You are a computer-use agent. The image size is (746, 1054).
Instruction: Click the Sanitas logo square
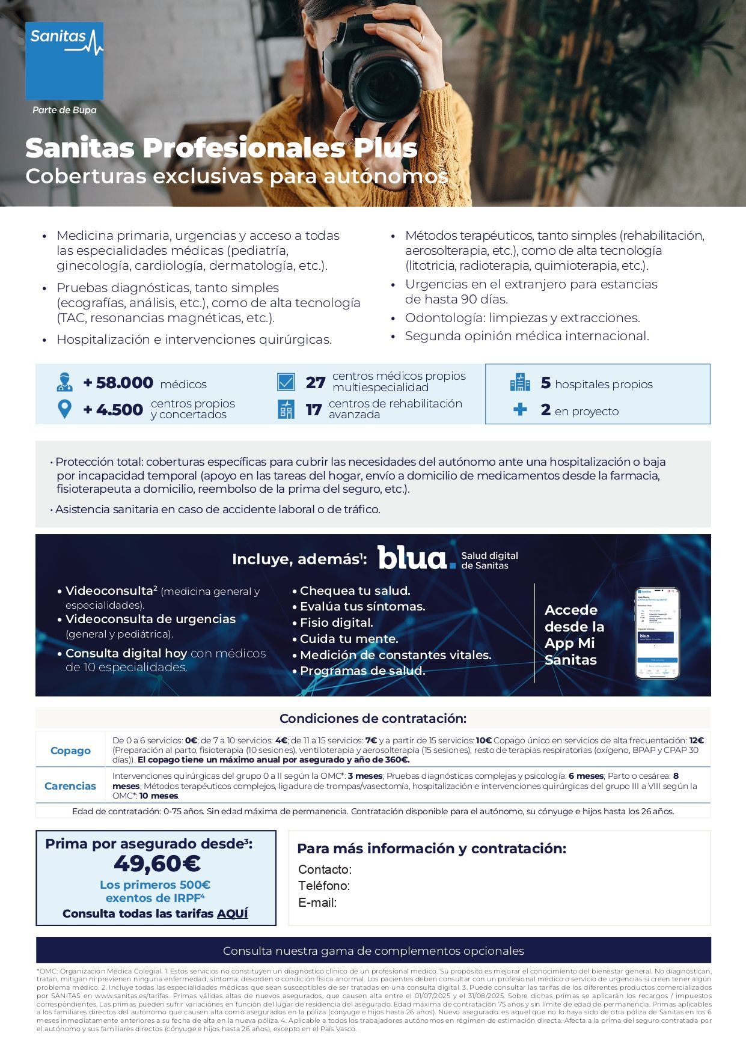click(64, 61)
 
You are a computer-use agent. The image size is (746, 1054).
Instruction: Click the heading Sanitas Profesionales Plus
click(221, 148)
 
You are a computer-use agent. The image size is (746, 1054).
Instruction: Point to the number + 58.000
click(118, 383)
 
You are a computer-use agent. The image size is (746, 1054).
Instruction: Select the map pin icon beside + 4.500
click(64, 409)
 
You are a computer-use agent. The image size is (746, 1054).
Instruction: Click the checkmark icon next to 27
click(286, 382)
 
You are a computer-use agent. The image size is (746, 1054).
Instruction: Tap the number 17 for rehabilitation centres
click(314, 410)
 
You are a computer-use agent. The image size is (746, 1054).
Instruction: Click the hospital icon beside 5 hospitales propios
click(520, 383)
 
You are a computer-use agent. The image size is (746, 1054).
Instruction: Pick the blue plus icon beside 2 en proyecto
click(520, 410)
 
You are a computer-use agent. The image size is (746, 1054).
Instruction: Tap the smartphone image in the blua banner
click(657, 633)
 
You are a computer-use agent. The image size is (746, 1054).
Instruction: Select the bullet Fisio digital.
click(336, 623)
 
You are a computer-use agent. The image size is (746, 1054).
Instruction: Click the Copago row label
click(70, 751)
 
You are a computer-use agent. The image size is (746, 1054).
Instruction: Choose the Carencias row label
click(70, 786)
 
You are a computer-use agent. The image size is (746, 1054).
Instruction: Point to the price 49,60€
click(157, 864)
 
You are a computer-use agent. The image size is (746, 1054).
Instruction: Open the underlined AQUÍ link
click(232, 913)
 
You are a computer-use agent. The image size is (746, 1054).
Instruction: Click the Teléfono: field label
click(324, 886)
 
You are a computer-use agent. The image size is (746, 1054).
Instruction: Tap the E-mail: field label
click(317, 903)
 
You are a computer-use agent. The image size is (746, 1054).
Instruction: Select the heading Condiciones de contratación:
click(373, 719)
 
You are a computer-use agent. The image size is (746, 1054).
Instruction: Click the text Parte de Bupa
click(64, 110)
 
